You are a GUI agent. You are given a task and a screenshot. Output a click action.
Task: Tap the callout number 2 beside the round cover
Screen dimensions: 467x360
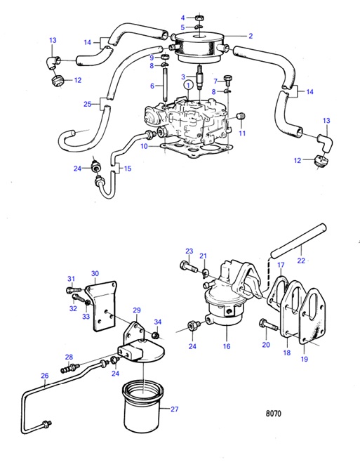(250, 34)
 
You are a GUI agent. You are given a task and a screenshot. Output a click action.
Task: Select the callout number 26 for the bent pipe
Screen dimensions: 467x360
(45, 376)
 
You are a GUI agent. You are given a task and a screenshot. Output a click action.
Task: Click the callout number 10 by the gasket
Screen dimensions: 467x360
(143, 146)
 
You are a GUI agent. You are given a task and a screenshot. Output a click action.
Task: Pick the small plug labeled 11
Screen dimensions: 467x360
(242, 116)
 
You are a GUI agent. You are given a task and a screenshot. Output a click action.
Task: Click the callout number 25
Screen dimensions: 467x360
(87, 104)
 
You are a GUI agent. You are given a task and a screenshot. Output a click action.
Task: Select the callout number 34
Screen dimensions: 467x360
(158, 322)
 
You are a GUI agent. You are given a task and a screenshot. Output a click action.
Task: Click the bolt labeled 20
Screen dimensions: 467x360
(265, 324)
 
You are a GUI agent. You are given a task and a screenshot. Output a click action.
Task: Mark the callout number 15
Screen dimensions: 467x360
(128, 169)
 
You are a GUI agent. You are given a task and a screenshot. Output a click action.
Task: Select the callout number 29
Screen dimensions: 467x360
(138, 310)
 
